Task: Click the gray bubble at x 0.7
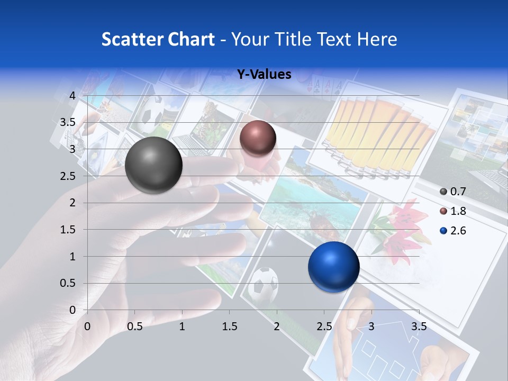154,165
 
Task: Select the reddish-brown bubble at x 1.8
258,138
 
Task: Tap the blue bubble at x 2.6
333,267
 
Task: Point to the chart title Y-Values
264,75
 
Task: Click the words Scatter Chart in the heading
158,39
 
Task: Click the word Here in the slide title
376,39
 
